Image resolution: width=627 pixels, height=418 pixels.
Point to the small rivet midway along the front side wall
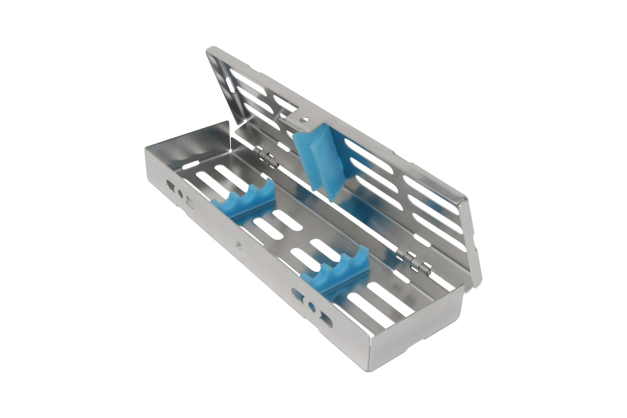pos(237,245)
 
